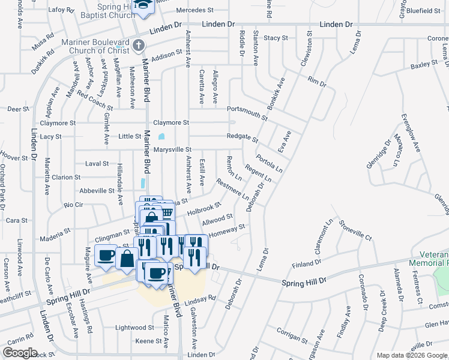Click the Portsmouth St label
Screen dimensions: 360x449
pyautogui.click(x=247, y=109)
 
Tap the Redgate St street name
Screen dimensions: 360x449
pyautogui.click(x=242, y=137)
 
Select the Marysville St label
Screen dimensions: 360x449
pyautogui.click(x=172, y=149)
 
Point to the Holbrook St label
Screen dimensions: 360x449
pyautogui.click(x=205, y=209)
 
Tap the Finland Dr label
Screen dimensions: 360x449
pyautogui.click(x=307, y=264)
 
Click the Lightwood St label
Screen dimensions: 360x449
pyautogui.click(x=134, y=328)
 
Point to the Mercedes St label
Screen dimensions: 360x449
pyautogui.click(x=195, y=10)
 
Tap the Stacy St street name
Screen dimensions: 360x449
pyautogui.click(x=276, y=38)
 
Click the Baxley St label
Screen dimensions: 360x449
pyautogui.click(x=424, y=64)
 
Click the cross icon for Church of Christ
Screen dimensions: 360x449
pyautogui.click(x=139, y=45)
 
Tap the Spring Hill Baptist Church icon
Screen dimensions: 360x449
pyautogui.click(x=143, y=6)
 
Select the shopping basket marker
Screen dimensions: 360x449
pyautogui.click(x=167, y=211)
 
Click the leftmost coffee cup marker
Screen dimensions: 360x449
pyautogui.click(x=106, y=255)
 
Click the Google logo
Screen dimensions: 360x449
pyautogui.click(x=20, y=353)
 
